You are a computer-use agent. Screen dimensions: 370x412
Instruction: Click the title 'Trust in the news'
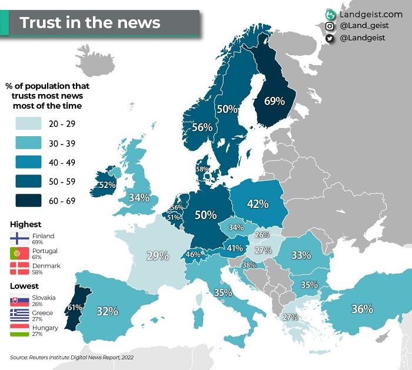pyautogui.click(x=89, y=23)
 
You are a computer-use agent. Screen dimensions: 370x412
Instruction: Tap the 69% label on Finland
pyautogui.click(x=274, y=101)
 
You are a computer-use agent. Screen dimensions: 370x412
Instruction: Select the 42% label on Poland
pyautogui.click(x=257, y=204)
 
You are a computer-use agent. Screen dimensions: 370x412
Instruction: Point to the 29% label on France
pyautogui.click(x=157, y=255)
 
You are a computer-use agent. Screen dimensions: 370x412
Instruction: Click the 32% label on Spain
pyautogui.click(x=107, y=311)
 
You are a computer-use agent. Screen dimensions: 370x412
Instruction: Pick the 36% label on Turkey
pyautogui.click(x=362, y=308)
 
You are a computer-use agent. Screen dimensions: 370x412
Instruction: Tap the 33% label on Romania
pyautogui.click(x=301, y=255)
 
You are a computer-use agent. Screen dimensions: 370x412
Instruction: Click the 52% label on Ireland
pyautogui.click(x=107, y=184)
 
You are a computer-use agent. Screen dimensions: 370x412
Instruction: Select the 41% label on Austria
pyautogui.click(x=235, y=248)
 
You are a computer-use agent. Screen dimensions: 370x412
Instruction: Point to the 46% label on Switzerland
pyautogui.click(x=192, y=254)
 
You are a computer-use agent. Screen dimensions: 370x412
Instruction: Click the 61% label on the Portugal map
pyautogui.click(x=75, y=307)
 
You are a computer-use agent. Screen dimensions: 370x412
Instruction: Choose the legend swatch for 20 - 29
pyautogui.click(x=25, y=123)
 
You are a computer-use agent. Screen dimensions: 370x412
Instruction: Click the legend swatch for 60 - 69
pyautogui.click(x=25, y=201)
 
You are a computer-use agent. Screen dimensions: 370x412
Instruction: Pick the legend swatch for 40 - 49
pyautogui.click(x=25, y=162)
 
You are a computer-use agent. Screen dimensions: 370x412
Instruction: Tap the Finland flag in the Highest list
pyautogui.click(x=19, y=238)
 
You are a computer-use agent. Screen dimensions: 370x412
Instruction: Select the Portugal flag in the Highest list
pyautogui.click(x=19, y=254)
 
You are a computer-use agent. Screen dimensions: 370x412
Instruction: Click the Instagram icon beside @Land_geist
pyautogui.click(x=330, y=26)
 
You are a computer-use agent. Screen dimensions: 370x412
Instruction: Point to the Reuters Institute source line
pyautogui.click(x=69, y=357)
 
